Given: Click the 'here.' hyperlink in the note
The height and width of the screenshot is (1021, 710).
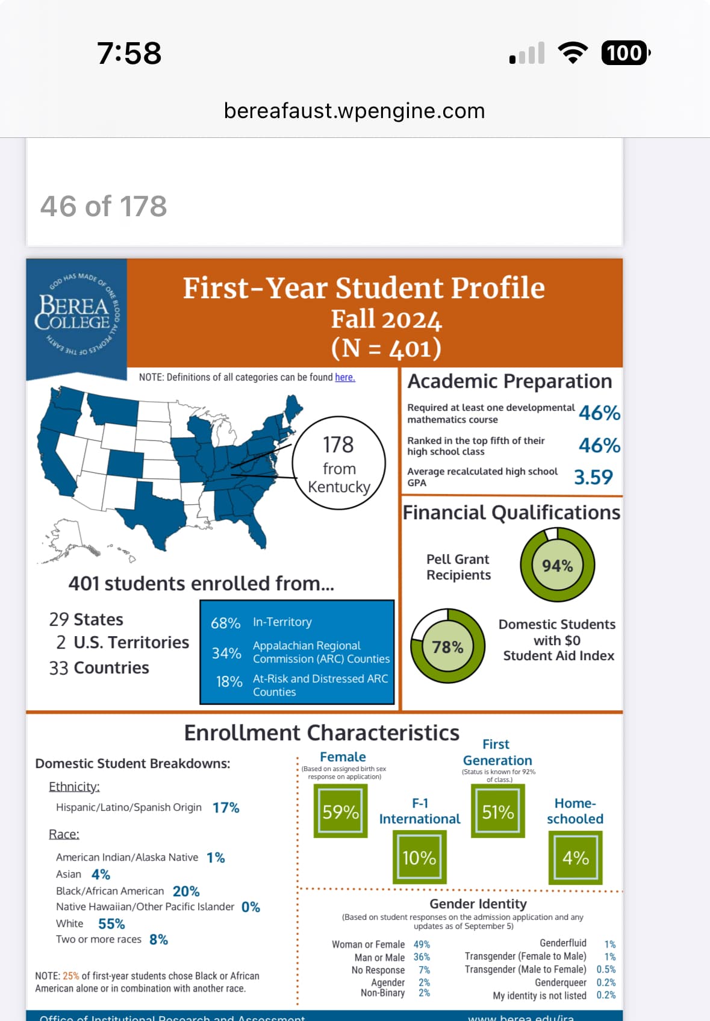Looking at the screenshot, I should coord(344,377).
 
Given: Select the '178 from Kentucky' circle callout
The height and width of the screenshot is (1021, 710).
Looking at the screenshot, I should coord(338,463).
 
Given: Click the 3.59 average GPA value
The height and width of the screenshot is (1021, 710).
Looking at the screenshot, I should coord(593,477).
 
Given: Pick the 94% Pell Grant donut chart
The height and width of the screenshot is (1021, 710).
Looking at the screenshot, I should coord(557,565).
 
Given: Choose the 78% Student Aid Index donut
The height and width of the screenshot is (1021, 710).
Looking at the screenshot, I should coord(447,646).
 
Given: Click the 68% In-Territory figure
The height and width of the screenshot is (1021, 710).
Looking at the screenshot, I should coord(225,623).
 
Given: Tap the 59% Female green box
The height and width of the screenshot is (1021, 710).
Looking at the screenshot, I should coord(340,811).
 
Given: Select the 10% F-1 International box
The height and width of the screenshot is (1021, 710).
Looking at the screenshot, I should coord(419,857).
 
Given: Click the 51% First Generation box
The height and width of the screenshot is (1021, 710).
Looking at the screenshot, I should coord(498,811).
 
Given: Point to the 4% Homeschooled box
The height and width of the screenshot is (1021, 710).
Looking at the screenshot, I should coord(575,857).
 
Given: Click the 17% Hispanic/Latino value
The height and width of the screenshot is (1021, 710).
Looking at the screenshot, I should coord(226,807).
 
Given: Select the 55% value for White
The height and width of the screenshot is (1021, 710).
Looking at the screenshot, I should coord(111,923).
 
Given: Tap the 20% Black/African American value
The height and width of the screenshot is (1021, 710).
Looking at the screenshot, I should coord(186,891).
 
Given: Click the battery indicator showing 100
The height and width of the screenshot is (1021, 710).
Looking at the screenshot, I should coord(625,53).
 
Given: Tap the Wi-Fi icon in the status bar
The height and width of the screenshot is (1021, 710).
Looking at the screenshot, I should coord(573,53).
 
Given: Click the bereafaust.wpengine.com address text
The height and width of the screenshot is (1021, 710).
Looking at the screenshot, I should coord(354,111).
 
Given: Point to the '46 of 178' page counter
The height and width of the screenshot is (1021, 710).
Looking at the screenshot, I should coord(104,206).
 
